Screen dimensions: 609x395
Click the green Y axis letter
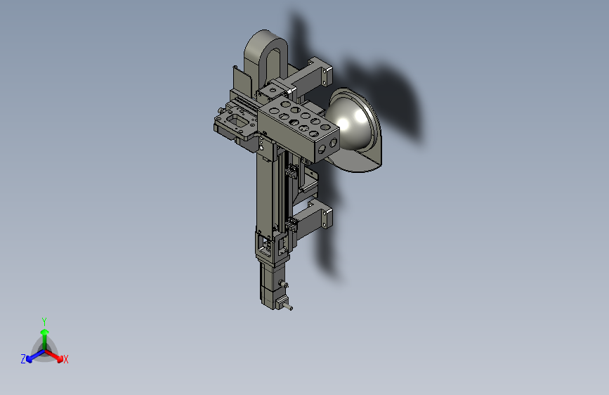44,321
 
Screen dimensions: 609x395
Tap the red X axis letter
65,359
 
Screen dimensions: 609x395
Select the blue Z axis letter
23,359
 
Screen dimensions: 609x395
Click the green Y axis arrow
45,339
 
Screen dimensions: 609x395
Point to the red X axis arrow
54,356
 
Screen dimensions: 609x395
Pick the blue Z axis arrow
35,356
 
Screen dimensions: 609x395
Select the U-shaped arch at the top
266,54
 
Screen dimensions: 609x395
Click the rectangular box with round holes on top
299,129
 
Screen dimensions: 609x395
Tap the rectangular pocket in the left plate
237,121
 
